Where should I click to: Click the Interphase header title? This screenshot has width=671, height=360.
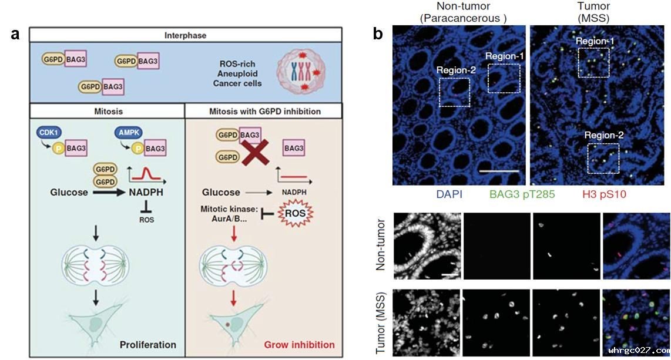[x=185, y=35]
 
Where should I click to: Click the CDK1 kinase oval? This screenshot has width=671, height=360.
[x=48, y=133]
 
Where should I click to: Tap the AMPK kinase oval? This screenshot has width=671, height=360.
[x=128, y=133]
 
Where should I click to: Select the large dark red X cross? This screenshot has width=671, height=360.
[x=256, y=152]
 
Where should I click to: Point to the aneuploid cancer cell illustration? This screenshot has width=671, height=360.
[x=301, y=72]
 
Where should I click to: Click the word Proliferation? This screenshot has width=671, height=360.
[x=147, y=345]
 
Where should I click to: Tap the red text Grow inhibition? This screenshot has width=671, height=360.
[x=300, y=345]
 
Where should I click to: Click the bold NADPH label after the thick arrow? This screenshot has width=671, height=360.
[x=146, y=193]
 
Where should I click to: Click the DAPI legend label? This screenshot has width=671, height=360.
[x=449, y=194]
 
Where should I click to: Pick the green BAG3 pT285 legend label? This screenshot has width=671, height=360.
[x=522, y=194]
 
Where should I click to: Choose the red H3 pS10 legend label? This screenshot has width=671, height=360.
[x=604, y=194]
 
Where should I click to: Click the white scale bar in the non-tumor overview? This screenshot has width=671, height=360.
[x=499, y=170]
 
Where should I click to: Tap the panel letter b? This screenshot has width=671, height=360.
[x=377, y=34]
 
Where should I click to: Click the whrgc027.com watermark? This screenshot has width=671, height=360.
[x=639, y=351]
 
